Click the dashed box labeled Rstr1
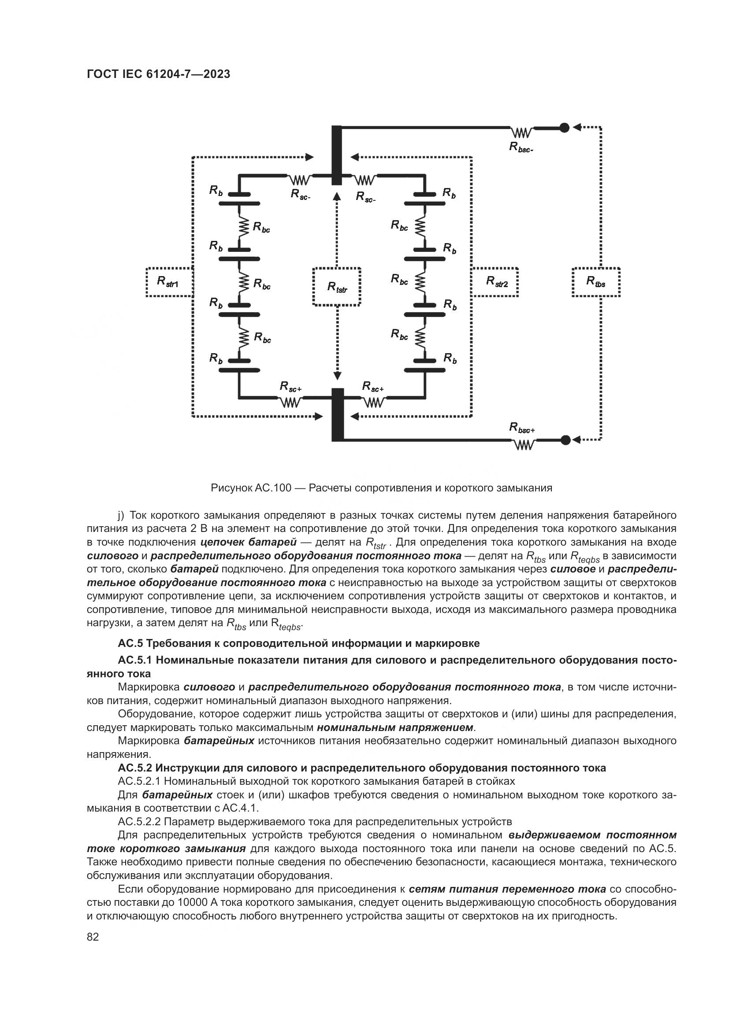point(169,282)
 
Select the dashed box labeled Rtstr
point(337,287)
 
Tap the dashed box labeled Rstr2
point(495,282)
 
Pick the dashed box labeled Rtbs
point(596,282)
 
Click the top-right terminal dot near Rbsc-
point(565,128)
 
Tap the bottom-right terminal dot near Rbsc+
point(565,440)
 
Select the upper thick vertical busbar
point(337,155)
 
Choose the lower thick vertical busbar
point(337,414)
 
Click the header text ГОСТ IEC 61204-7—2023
point(159,74)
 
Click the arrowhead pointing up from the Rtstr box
point(337,195)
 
